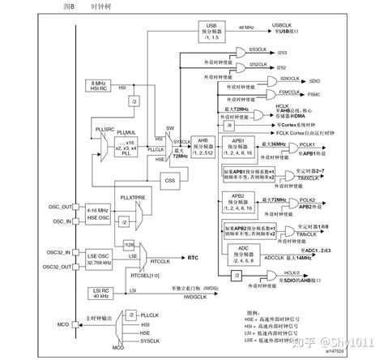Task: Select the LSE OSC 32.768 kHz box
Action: (96, 259)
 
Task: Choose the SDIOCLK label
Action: (289, 79)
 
